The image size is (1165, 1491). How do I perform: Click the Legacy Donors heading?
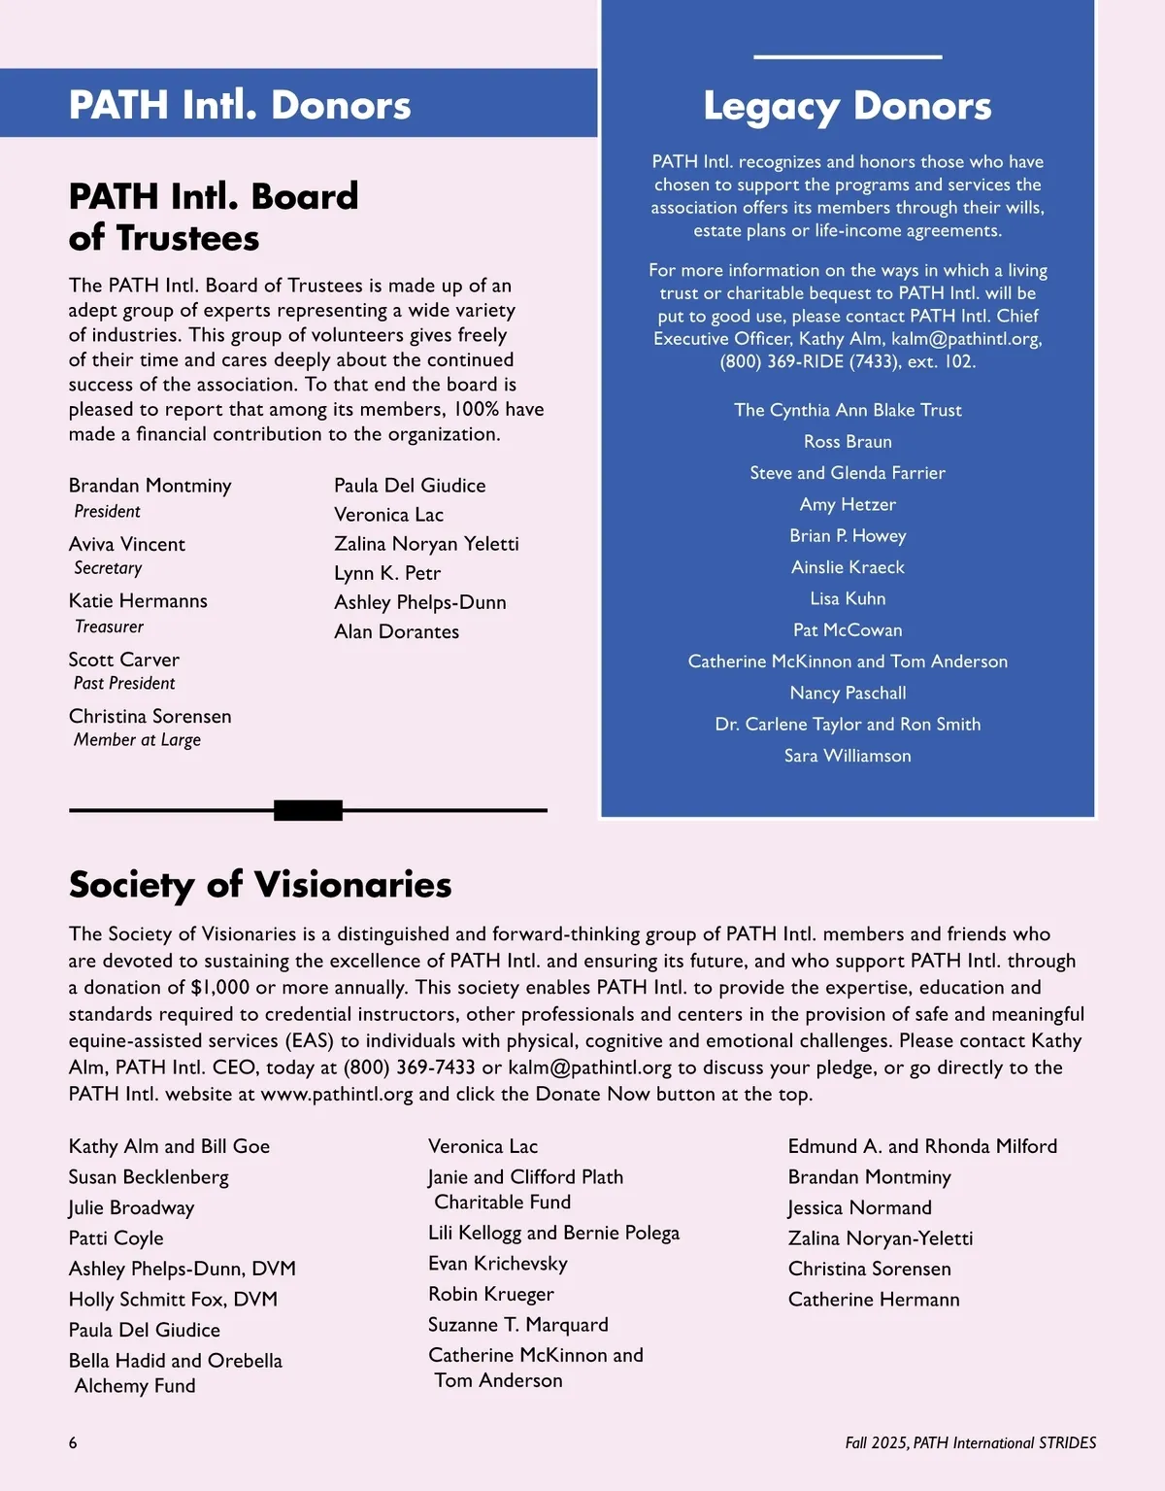pos(847,106)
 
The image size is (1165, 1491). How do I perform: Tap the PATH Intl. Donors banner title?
pos(240,105)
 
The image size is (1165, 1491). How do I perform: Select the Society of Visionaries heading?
pos(260,885)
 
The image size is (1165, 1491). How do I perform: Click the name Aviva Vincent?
pos(127,544)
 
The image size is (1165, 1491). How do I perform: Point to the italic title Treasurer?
pos(110,627)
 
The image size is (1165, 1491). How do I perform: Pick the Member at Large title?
pos(138,740)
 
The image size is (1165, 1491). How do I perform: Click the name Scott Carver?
pos(124,660)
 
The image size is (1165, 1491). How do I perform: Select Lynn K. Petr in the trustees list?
pos(387,573)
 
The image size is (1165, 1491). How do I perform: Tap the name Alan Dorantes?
pos(396,631)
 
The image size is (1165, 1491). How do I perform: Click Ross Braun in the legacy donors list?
pos(848,442)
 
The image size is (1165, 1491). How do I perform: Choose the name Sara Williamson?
pos(848,756)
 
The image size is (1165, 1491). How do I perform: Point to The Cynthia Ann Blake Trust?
pos(848,410)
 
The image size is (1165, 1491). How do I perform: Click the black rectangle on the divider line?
pos(308,810)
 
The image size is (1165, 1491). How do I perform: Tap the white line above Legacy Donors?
pos(848,57)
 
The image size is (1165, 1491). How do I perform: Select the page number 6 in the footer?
pos(73,1443)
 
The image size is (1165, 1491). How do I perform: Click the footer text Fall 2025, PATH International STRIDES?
pos(970,1443)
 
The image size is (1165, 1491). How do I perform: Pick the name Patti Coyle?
pos(116,1238)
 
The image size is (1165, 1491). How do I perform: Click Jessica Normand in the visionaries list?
pos(859,1207)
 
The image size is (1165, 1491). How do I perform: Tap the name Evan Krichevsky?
pos(498,1264)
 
